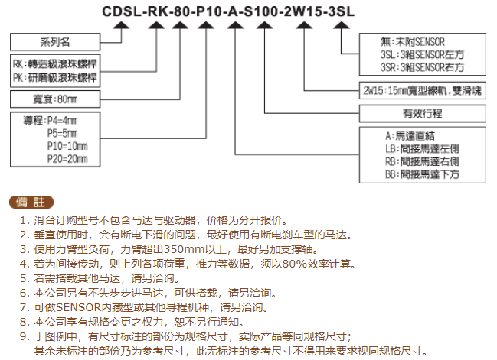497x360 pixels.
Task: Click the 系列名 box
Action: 55,42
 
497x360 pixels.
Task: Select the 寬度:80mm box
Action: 55,99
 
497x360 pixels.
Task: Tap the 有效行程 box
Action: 422,114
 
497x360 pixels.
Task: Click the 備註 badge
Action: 31,202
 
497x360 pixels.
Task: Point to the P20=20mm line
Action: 67,159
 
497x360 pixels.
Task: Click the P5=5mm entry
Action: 63,133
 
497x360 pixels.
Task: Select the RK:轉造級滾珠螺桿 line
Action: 55,64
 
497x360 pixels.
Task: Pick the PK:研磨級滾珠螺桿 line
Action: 55,77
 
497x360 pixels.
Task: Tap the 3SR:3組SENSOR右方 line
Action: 422,67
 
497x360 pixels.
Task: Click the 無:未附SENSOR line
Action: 413,42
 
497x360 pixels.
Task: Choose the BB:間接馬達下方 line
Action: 422,174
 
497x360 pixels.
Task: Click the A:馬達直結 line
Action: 410,136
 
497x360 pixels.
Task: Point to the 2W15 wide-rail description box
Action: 422,91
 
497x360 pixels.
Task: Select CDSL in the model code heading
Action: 122,11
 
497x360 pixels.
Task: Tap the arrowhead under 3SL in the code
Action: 341,25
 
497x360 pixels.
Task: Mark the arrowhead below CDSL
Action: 122,25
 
